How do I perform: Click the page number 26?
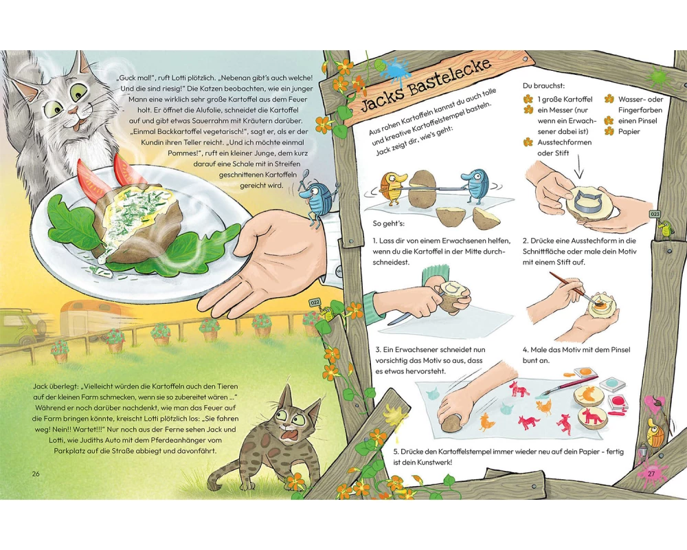pyautogui.click(x=36, y=474)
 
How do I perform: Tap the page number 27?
pyautogui.click(x=651, y=474)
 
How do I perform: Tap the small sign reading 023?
pyautogui.click(x=655, y=214)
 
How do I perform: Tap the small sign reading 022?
pyautogui.click(x=315, y=302)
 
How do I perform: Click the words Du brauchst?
pyautogui.click(x=543, y=86)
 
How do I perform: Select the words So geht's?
pyautogui.click(x=389, y=223)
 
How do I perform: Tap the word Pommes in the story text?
pyautogui.click(x=181, y=153)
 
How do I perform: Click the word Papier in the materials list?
pyautogui.click(x=629, y=131)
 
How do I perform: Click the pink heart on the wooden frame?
pyautogui.click(x=656, y=404)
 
